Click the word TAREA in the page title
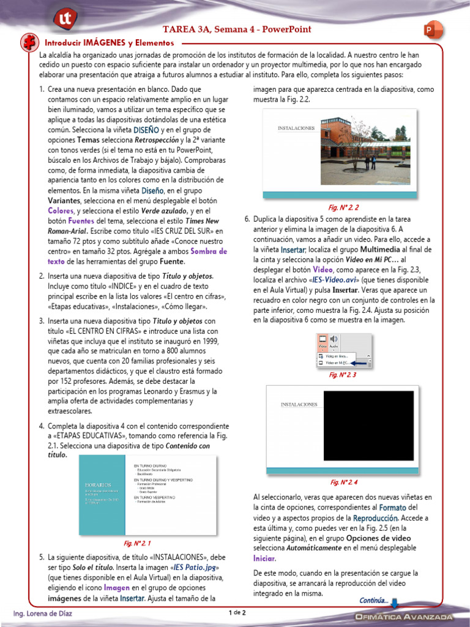coord(177,29)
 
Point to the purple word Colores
coord(61,210)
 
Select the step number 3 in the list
coord(41,321)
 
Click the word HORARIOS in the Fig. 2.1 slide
coord(97,484)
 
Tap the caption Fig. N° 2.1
coord(138,543)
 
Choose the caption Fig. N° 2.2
coord(343,208)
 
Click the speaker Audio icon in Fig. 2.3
coord(334,340)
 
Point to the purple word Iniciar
coord(264,558)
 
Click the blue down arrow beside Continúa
coord(394,603)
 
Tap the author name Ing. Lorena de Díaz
coord(43,614)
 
